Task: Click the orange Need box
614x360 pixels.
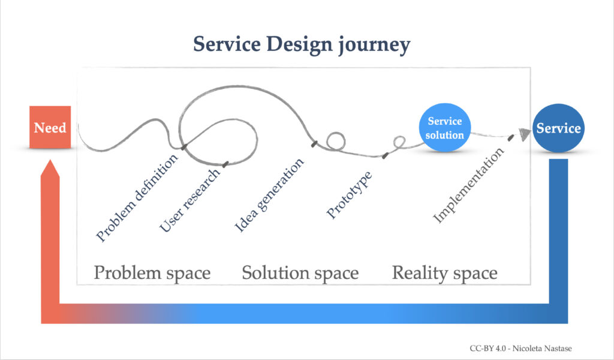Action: point(50,127)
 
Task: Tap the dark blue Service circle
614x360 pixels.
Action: point(558,128)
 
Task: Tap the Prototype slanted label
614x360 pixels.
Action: point(350,195)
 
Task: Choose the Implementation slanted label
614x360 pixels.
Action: point(468,187)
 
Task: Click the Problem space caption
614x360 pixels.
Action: point(152,273)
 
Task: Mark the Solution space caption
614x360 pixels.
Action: point(300,273)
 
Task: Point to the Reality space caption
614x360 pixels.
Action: point(444,273)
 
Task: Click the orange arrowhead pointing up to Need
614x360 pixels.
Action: point(50,171)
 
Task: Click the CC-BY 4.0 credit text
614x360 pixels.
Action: point(489,348)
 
